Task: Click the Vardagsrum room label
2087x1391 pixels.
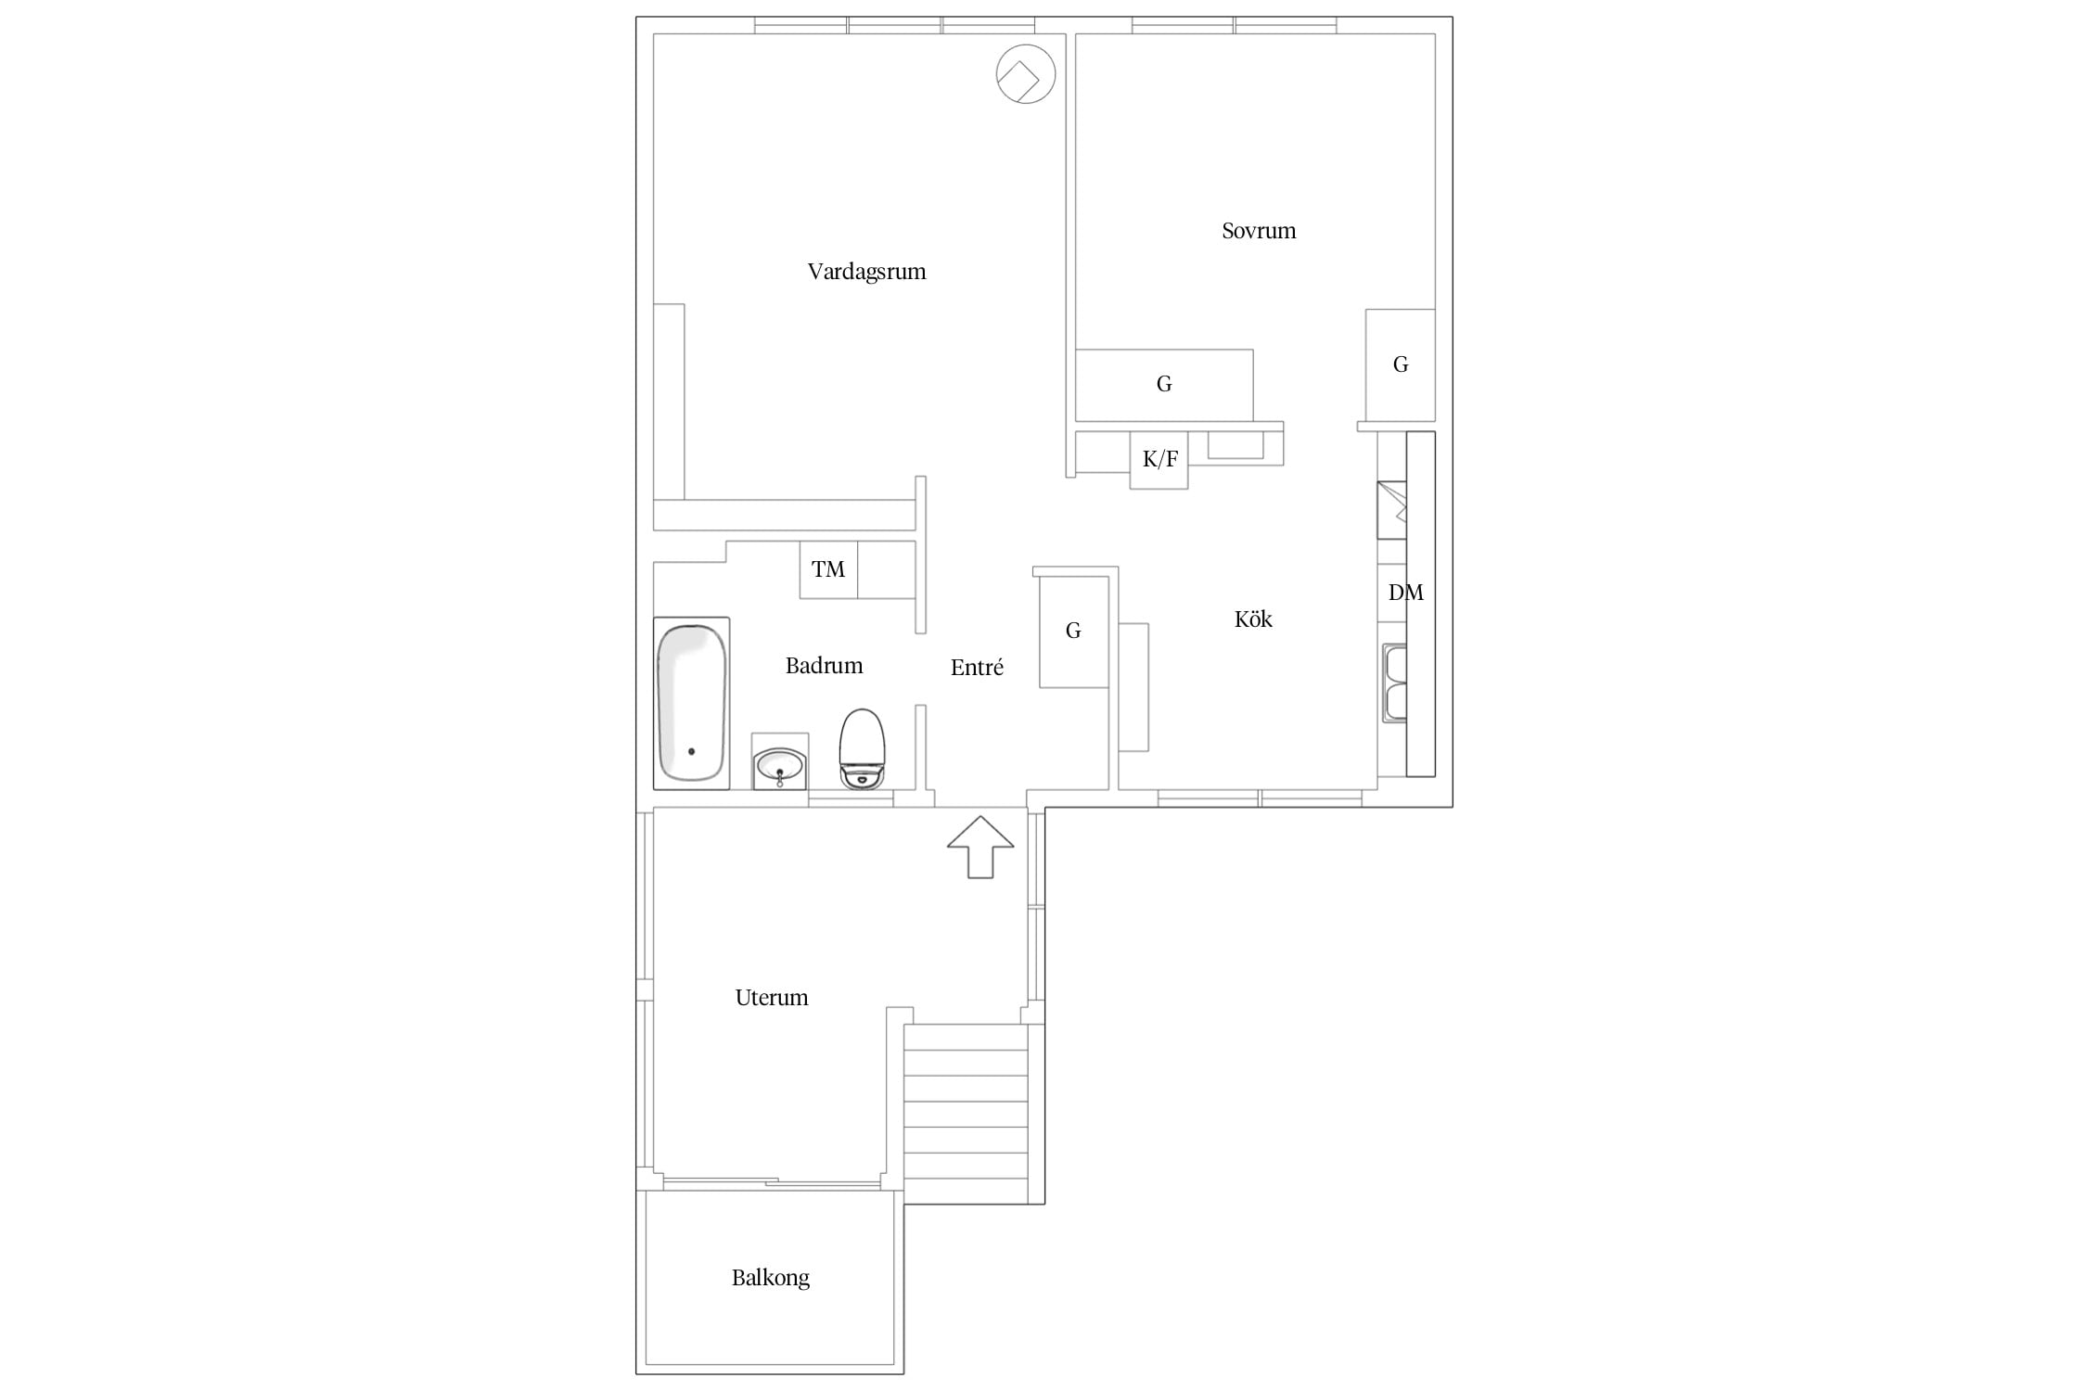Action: (866, 272)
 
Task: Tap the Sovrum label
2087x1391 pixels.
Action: (1259, 231)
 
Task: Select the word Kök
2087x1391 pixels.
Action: (1253, 619)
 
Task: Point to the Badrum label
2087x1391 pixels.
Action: (824, 665)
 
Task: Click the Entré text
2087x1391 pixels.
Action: (977, 667)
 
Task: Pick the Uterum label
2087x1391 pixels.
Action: (772, 998)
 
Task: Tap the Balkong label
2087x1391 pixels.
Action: (770, 1278)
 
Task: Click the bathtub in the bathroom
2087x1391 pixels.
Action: (691, 703)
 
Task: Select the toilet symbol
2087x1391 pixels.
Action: (863, 749)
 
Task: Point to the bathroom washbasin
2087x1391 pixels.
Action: (780, 765)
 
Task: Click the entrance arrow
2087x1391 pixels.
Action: (980, 847)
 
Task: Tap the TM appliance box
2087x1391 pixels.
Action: (828, 569)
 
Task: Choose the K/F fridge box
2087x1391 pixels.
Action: (1159, 460)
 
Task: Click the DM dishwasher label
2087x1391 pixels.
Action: (1405, 593)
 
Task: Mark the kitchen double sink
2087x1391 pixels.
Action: (1395, 683)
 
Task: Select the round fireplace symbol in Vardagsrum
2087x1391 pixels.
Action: (1026, 74)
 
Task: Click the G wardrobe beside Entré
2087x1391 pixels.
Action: (1074, 632)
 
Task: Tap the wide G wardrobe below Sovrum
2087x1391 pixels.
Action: (1164, 385)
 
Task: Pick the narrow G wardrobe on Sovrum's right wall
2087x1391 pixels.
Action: (1401, 365)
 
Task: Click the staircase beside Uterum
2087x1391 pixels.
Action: (967, 1114)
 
